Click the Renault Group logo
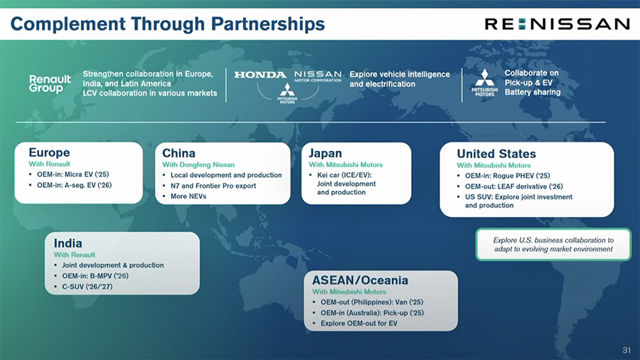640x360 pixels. point(50,83)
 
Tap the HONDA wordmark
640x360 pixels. point(260,75)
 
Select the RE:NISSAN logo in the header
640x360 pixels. point(557,23)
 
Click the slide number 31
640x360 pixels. point(626,350)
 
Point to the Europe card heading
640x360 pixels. point(49,152)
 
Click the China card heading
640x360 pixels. point(178,153)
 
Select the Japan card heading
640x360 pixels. point(325,153)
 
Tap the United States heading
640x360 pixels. point(496,154)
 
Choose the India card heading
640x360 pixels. point(68,243)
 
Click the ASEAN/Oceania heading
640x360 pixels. point(360,280)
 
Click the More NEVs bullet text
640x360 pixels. point(188,196)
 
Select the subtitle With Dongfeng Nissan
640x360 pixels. point(198,164)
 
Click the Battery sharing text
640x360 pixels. point(533,92)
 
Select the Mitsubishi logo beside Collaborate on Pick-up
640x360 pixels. point(484,83)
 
